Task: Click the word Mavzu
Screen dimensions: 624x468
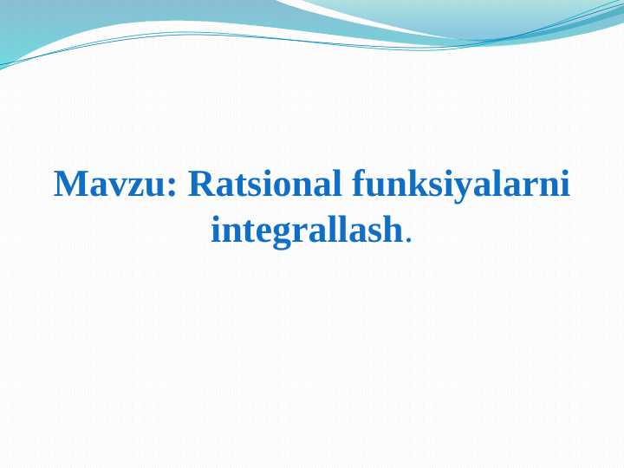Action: (x=109, y=184)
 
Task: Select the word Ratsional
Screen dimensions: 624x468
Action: (x=264, y=184)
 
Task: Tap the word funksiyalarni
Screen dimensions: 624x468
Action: (x=461, y=185)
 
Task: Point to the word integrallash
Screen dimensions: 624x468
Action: (x=307, y=230)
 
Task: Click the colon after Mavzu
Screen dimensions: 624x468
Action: (x=172, y=189)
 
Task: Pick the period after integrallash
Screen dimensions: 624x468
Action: (x=407, y=239)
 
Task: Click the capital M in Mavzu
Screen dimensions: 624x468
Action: (x=71, y=184)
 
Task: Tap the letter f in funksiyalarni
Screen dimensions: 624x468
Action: (x=361, y=183)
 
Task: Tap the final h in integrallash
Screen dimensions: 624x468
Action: (x=392, y=229)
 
